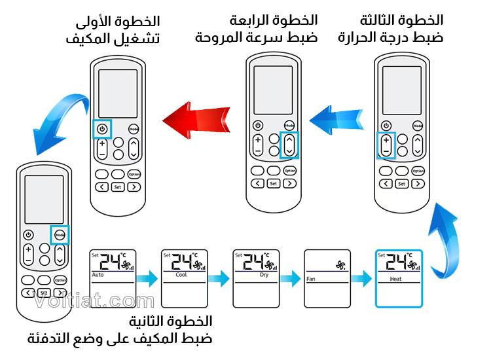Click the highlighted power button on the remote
pyautogui.click(x=102, y=129)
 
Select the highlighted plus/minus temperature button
pyautogui.click(x=386, y=145)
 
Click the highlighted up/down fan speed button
pyautogui.click(x=289, y=145)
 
